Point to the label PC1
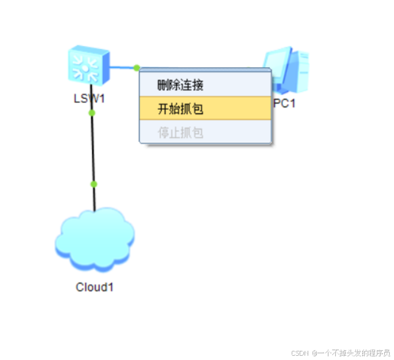284,103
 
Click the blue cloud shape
94,239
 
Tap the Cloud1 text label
94,286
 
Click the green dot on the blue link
137,67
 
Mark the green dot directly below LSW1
91,113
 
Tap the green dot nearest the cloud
94,184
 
